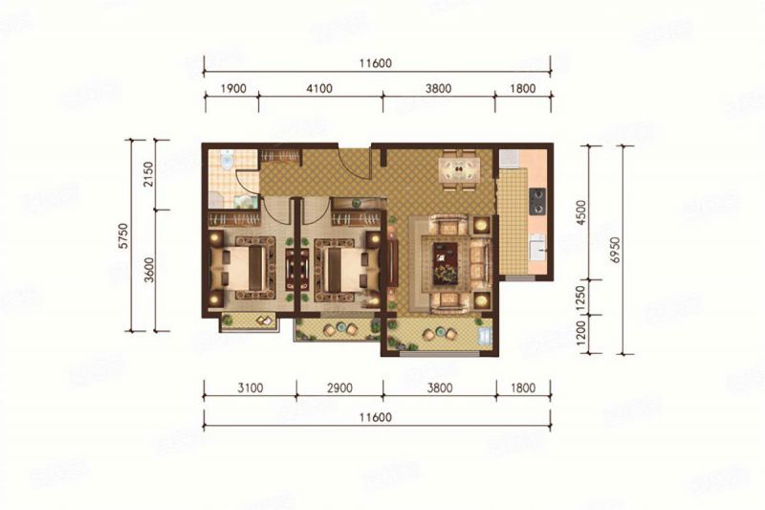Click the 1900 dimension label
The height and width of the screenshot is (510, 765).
point(233,89)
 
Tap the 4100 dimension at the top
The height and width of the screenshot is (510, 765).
point(318,89)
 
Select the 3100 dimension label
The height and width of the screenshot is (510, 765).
point(249,390)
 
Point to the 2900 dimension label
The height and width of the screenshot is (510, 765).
point(339,390)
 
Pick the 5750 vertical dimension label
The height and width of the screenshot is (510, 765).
point(122,235)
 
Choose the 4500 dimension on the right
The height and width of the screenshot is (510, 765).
point(595,212)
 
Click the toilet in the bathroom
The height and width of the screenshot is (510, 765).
point(227,163)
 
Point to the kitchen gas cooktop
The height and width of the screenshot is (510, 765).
point(537,200)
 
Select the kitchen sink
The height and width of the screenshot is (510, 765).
point(537,246)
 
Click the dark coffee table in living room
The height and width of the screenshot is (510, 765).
point(446,262)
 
